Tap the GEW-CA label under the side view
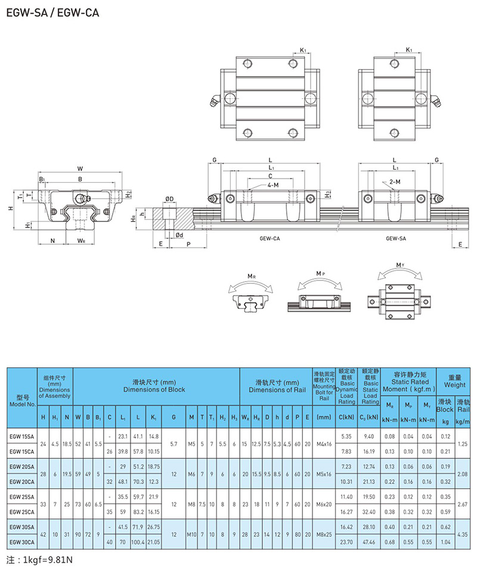click(x=270, y=238)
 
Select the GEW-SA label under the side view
click(x=396, y=238)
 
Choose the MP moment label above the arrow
click(x=321, y=274)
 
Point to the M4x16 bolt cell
click(x=324, y=443)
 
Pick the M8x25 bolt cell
click(x=324, y=535)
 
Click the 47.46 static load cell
click(x=370, y=542)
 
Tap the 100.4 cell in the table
click(x=140, y=542)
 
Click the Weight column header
click(x=454, y=381)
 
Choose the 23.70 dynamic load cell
click(x=346, y=542)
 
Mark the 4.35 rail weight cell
click(x=462, y=535)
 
